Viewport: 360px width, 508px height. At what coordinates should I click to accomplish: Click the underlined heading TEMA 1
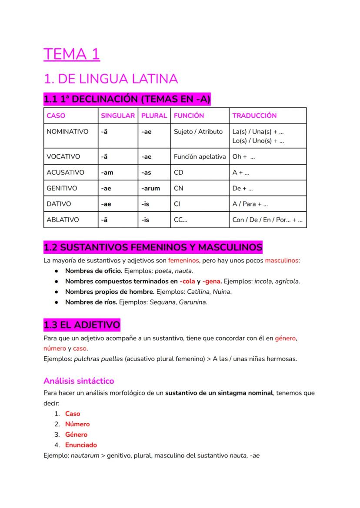tap(72, 54)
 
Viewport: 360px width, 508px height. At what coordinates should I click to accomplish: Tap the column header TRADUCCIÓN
tap(254, 116)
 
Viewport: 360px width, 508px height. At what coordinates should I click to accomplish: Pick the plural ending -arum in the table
tap(150, 188)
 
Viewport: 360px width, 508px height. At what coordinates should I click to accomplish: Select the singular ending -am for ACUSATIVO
tap(107, 173)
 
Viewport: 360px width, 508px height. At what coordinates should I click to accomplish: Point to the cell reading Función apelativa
tap(200, 156)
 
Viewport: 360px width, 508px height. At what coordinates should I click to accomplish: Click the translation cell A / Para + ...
tap(250, 204)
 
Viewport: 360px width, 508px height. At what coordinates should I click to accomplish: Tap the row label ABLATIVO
tap(63, 220)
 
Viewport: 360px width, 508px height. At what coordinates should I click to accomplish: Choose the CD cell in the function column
tap(178, 173)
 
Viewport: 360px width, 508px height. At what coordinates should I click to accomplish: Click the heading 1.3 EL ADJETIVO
tap(82, 325)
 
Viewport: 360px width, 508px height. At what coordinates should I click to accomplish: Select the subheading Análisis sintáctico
tap(79, 381)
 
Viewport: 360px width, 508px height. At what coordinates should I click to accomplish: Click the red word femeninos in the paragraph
tap(183, 261)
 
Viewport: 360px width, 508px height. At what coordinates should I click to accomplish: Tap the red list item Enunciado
tap(81, 445)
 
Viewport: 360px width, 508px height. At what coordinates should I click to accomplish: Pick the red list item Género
tap(76, 435)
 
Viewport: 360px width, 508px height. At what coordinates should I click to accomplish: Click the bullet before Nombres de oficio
tap(57, 271)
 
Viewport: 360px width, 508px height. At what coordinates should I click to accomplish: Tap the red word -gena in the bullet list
tap(212, 282)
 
